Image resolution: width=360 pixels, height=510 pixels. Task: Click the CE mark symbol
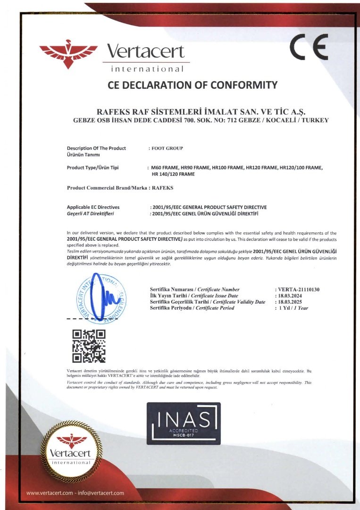(x=309, y=47)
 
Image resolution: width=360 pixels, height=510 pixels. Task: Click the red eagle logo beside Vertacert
(x=68, y=54)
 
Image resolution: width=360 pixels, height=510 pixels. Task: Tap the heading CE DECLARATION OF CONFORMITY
(x=192, y=85)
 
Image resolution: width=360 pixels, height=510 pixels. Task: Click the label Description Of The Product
(x=96, y=148)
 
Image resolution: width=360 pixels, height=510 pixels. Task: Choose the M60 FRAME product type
(x=165, y=168)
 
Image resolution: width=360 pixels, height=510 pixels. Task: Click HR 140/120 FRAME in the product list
(x=173, y=175)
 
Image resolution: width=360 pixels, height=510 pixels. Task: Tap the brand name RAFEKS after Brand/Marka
(x=163, y=188)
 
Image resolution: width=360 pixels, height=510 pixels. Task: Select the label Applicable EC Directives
(x=93, y=207)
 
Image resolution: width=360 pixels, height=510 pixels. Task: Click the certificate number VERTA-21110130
(x=299, y=289)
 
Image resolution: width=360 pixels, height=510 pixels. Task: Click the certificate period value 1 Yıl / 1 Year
(x=293, y=308)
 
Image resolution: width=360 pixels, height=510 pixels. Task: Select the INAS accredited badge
(x=184, y=423)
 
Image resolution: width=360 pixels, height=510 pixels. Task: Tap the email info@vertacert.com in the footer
(x=102, y=493)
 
